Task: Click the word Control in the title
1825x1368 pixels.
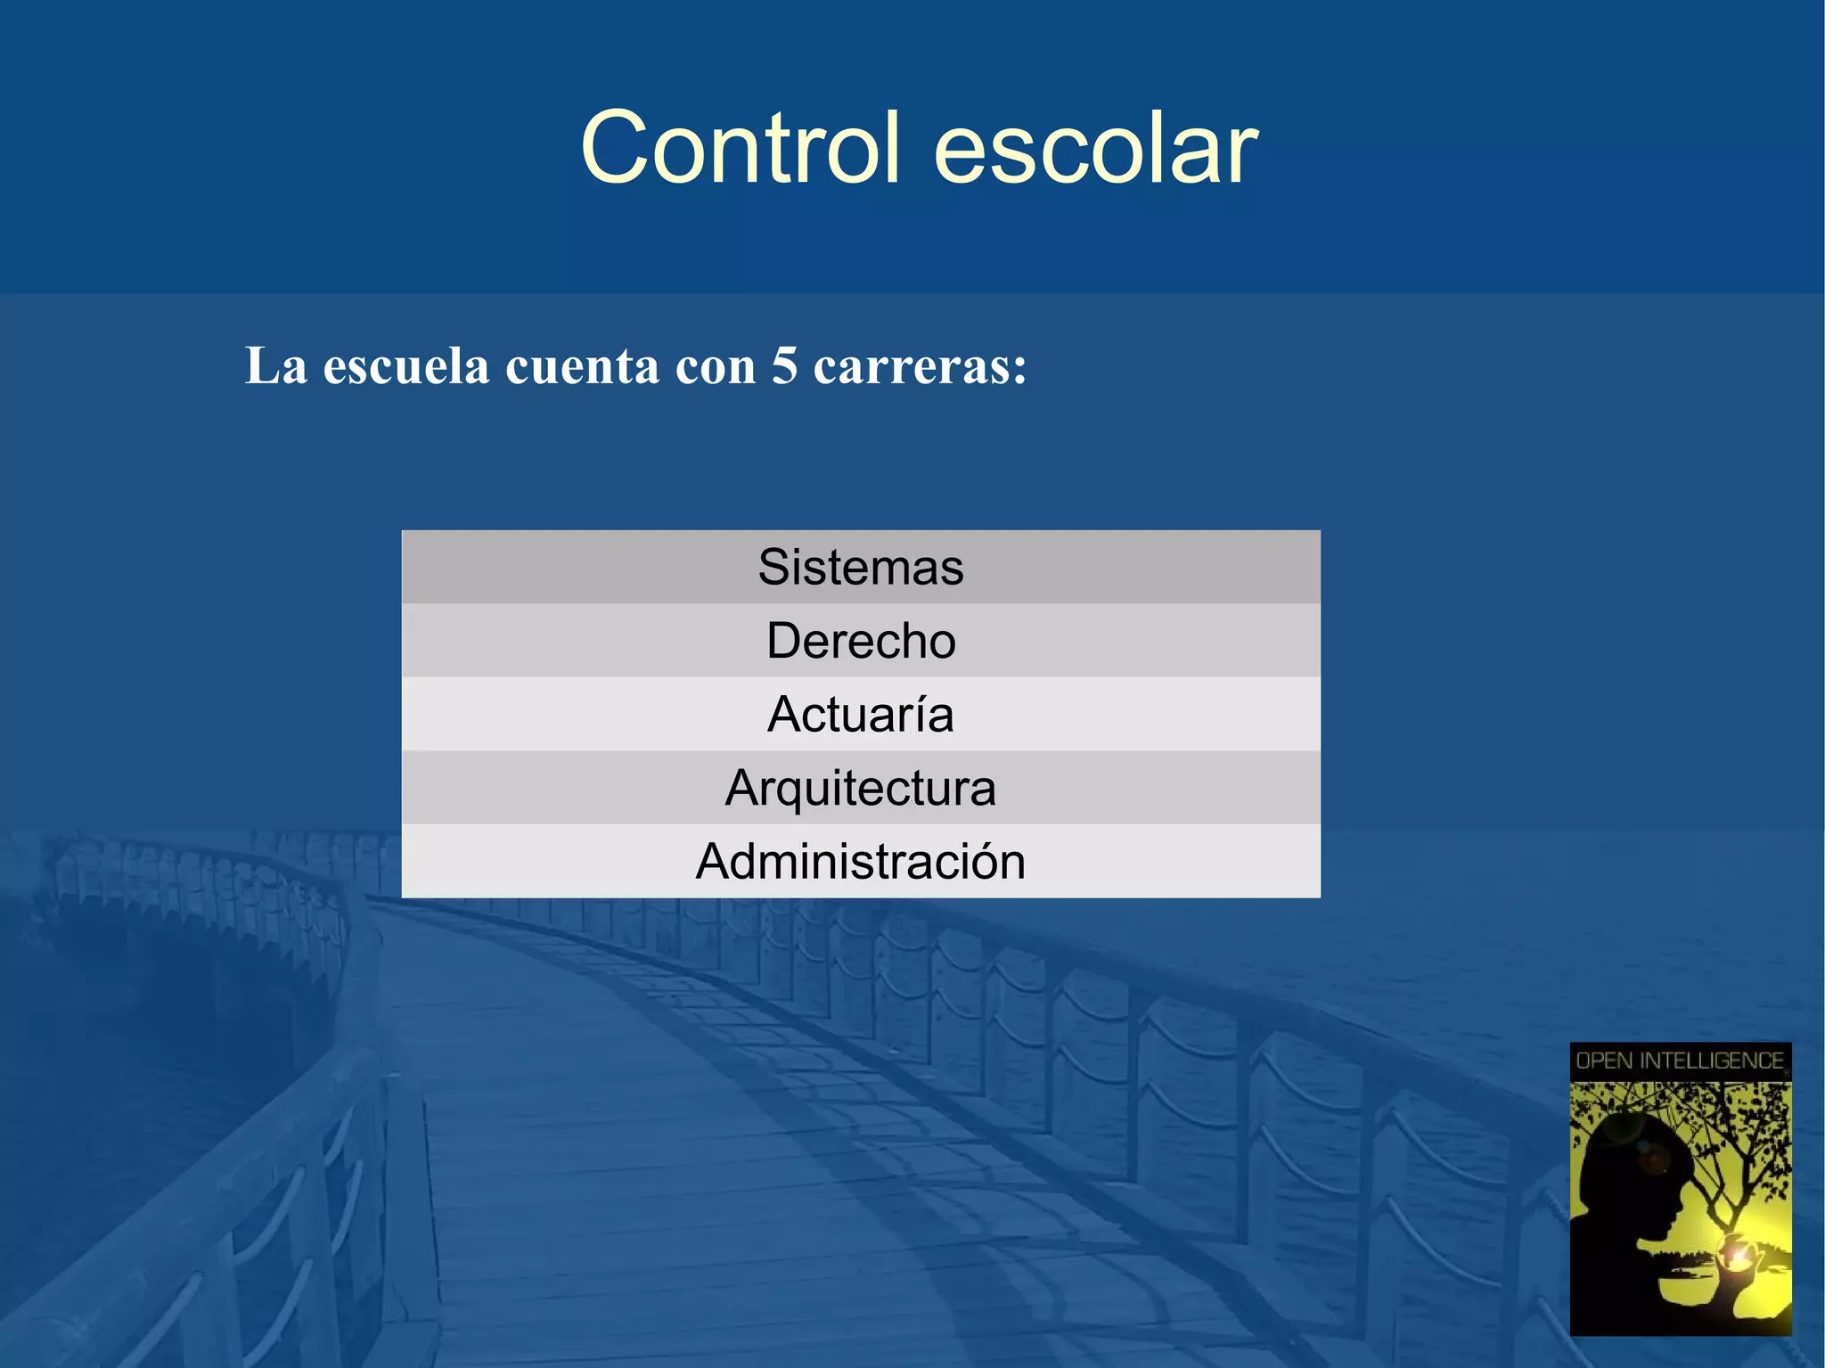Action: point(740,149)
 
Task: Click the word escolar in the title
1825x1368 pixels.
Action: point(1096,149)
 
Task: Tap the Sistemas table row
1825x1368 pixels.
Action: point(861,567)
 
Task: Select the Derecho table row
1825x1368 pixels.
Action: point(861,641)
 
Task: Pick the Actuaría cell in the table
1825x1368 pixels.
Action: point(861,715)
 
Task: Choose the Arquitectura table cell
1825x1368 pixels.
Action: point(861,788)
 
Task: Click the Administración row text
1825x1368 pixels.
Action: point(861,862)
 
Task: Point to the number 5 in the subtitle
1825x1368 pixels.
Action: point(784,365)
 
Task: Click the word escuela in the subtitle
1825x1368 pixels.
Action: point(406,366)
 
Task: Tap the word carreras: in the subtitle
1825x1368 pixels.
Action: point(921,366)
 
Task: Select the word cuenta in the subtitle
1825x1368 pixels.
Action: point(583,366)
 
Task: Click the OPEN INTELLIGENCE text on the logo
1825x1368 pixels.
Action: point(1680,1061)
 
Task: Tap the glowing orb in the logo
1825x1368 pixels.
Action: point(1738,1256)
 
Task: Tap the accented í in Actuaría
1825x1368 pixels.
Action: point(919,713)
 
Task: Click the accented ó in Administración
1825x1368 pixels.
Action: point(982,861)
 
